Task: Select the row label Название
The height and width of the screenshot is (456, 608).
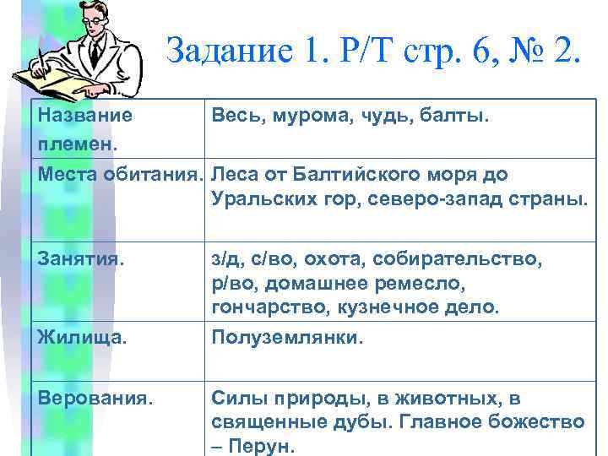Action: [84, 114]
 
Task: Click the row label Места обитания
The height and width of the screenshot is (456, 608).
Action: [120, 175]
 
